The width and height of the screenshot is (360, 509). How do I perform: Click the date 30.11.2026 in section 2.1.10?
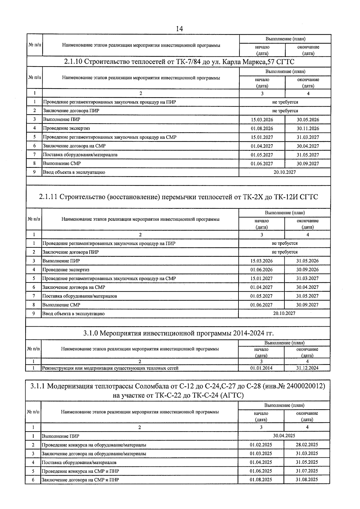pyautogui.click(x=308, y=128)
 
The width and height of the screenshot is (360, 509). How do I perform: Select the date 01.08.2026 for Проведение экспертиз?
pyautogui.click(x=262, y=128)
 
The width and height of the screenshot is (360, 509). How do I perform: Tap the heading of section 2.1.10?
pyautogui.click(x=179, y=62)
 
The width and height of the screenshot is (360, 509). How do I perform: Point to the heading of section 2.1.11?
pyautogui.click(x=178, y=197)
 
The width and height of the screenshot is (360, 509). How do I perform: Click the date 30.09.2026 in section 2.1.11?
pyautogui.click(x=307, y=270)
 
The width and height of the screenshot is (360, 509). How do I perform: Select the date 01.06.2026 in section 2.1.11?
pyautogui.click(x=262, y=270)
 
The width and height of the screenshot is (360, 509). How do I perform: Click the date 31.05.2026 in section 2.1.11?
pyautogui.click(x=307, y=261)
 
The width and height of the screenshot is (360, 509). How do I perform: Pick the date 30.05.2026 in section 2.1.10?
pyautogui.click(x=308, y=120)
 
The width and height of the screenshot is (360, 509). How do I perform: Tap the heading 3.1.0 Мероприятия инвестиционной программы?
pyautogui.click(x=178, y=333)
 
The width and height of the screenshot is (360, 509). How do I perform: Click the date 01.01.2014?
pyautogui.click(x=261, y=368)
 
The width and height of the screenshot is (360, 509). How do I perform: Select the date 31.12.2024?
pyautogui.click(x=307, y=368)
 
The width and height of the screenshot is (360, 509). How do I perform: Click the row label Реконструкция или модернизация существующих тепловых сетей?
pyautogui.click(x=110, y=368)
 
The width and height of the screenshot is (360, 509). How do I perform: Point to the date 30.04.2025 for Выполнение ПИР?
pyautogui.click(x=284, y=436)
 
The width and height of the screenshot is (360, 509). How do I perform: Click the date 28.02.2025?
pyautogui.click(x=307, y=445)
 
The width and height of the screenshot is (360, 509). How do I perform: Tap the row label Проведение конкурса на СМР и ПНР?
pyautogui.click(x=80, y=471)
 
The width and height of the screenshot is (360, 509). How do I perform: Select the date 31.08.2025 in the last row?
pyautogui.click(x=307, y=480)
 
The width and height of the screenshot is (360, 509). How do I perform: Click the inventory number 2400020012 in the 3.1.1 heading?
pyautogui.click(x=304, y=386)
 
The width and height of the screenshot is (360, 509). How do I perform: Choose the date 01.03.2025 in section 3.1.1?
pyautogui.click(x=261, y=454)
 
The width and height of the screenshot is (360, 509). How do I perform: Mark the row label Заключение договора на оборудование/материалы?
pyautogui.click(x=94, y=454)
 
